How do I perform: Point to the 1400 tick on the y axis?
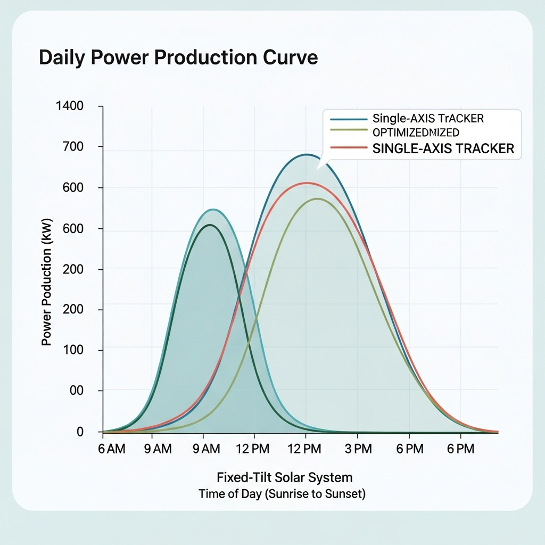pyautogui.click(x=70, y=106)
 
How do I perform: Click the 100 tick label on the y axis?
pyautogui.click(x=75, y=350)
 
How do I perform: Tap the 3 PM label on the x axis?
pyautogui.click(x=357, y=449)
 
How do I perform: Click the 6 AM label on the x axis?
pyautogui.click(x=112, y=449)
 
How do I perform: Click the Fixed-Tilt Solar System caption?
pyautogui.click(x=284, y=476)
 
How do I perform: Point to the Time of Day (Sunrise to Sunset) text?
pyautogui.click(x=282, y=494)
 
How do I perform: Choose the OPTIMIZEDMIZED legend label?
pyautogui.click(x=416, y=132)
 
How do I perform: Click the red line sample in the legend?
pyautogui.click(x=349, y=147)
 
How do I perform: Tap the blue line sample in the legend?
pyautogui.click(x=349, y=119)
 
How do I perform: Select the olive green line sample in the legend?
pyautogui.click(x=349, y=130)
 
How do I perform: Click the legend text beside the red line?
pyautogui.click(x=443, y=148)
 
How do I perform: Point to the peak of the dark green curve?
pyautogui.click(x=210, y=225)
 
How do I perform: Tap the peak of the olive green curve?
pyautogui.click(x=317, y=199)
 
